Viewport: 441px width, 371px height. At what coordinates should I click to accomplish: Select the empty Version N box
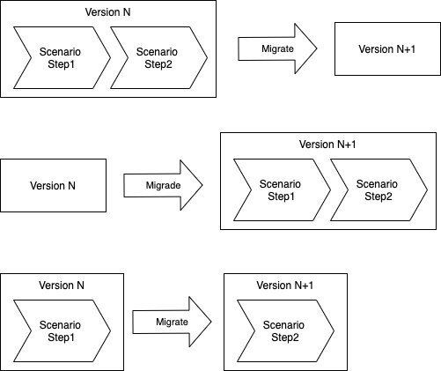pos(53,185)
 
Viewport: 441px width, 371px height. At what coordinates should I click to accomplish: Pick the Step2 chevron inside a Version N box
pos(157,57)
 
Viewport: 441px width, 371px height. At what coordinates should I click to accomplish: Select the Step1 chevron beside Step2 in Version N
pos(60,57)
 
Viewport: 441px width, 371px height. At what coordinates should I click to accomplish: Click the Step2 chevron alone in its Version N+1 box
pos(284,330)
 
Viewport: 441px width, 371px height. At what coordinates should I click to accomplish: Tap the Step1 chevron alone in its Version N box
pos(60,330)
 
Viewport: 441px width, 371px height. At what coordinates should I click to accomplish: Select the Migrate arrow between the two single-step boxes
pos(172,322)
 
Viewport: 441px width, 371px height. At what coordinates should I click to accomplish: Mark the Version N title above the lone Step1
pos(62,286)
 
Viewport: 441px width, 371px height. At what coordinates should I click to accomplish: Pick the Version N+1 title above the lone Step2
pos(284,286)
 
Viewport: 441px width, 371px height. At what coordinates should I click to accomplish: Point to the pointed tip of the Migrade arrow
pos(201,185)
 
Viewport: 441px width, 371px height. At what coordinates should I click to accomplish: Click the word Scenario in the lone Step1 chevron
pos(60,324)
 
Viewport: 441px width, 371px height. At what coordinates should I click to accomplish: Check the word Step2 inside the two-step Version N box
pos(157,63)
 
